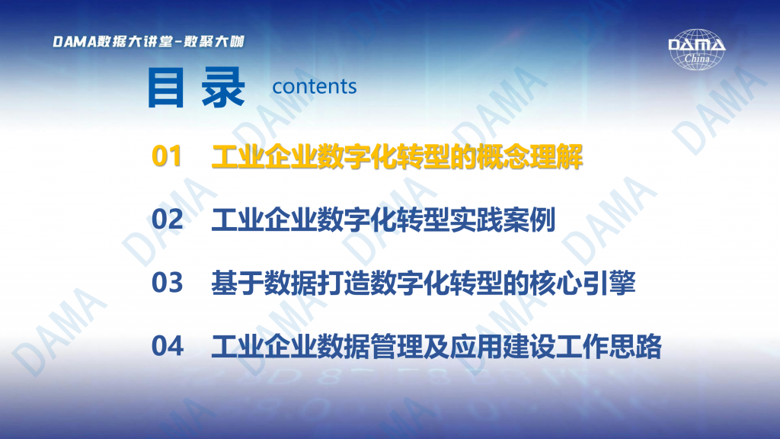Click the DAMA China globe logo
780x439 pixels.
click(x=696, y=50)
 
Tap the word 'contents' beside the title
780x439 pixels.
click(x=315, y=87)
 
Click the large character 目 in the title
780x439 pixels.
click(x=166, y=88)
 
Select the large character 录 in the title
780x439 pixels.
click(x=223, y=88)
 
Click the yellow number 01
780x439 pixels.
click(x=167, y=156)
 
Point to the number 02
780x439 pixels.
click(x=167, y=219)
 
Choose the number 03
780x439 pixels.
click(x=167, y=283)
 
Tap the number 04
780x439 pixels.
click(x=167, y=346)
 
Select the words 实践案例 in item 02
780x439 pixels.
click(x=503, y=220)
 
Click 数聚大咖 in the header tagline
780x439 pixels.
click(x=214, y=41)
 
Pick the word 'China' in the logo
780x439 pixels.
click(x=697, y=58)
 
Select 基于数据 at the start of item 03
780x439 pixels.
click(x=264, y=284)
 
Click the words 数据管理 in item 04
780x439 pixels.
click(x=370, y=347)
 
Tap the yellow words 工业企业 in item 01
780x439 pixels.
click(x=264, y=157)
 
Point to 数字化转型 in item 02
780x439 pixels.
click(x=384, y=220)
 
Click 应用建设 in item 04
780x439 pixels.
click(x=503, y=347)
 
